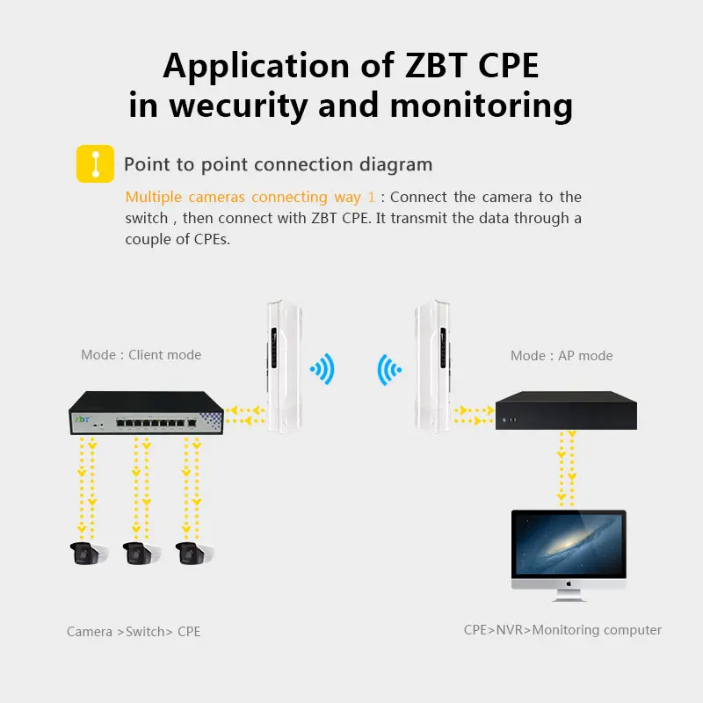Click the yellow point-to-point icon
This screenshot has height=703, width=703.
coord(95,163)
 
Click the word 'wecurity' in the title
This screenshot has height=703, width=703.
coord(238,105)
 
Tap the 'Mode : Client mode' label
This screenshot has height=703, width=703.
coord(141,355)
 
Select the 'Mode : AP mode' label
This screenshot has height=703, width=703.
coord(562,356)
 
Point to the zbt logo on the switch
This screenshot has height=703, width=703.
coord(82,419)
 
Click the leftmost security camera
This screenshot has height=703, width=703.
coord(90,554)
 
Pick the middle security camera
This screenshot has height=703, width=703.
coord(141,554)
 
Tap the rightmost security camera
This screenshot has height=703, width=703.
coord(194,554)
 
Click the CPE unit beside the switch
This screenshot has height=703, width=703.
coord(284,366)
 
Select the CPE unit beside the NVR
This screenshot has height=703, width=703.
coord(432,366)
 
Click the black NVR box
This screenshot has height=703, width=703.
coord(566,410)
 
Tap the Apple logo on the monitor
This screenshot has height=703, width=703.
coord(569,583)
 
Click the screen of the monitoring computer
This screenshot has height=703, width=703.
coord(569,544)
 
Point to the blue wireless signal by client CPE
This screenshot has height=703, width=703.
coord(323,369)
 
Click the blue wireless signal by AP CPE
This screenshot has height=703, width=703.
coord(389,370)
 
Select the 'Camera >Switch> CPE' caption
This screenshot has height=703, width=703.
coord(134,631)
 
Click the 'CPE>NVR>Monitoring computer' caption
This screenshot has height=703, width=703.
coord(562,630)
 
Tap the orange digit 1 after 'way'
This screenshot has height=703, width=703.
coord(371,197)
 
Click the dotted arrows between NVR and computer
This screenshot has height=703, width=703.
coord(566,469)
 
